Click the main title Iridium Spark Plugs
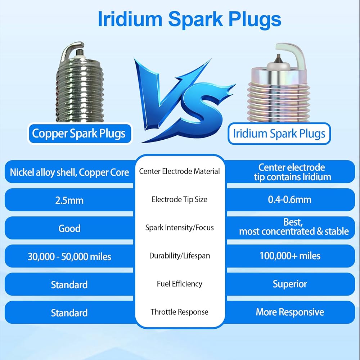[x=189, y=19]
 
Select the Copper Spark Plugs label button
[x=79, y=134]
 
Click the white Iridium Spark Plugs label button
[x=279, y=134]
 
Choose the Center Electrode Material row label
[x=179, y=171]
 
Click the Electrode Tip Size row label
[x=179, y=199]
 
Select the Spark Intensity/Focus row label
[x=179, y=228]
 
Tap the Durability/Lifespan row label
[x=179, y=256]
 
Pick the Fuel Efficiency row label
[x=179, y=284]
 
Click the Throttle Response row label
[x=179, y=312]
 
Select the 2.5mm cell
[x=69, y=200]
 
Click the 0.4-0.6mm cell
[x=290, y=199]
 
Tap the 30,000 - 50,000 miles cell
[x=69, y=256]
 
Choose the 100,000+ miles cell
[x=290, y=256]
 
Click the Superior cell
[x=290, y=284]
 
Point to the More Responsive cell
[x=290, y=312]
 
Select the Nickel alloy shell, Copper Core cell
[x=69, y=172]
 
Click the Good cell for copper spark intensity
[x=69, y=228]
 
